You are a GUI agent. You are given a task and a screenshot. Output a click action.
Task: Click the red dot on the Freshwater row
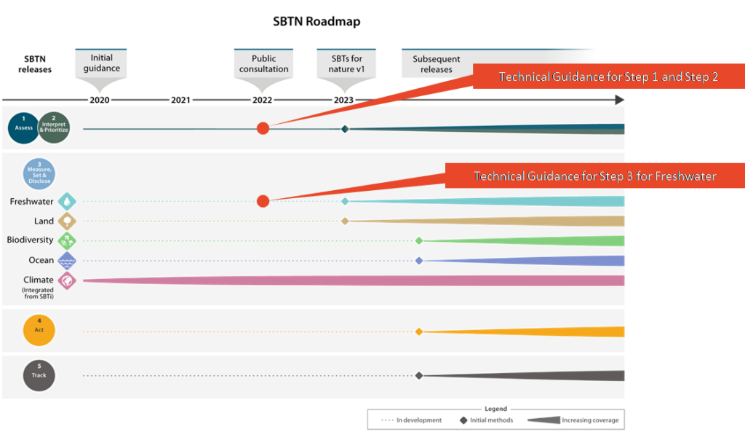263,201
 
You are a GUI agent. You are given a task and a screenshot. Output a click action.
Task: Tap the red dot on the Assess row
263,128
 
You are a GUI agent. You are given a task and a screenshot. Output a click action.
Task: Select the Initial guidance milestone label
101,63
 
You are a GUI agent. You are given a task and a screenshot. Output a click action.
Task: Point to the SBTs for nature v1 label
346,63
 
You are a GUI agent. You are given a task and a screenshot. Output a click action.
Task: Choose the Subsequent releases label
432,64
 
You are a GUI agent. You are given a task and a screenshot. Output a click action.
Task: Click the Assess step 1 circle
23,127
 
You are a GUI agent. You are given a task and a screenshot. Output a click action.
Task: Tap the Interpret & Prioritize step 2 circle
53,127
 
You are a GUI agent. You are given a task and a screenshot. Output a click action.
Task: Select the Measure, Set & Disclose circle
39,174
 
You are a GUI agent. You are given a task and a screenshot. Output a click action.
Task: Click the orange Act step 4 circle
39,331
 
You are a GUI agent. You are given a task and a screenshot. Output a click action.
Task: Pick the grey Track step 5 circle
39,375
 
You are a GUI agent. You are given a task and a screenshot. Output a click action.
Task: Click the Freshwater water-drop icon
67,201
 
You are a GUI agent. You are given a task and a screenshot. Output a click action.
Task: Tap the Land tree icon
67,221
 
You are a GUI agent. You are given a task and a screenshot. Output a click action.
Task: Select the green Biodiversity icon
67,240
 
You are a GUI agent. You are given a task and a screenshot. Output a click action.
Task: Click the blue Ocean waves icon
67,261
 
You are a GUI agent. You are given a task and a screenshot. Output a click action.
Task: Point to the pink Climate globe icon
67,280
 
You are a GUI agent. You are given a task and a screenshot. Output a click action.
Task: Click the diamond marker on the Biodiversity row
419,240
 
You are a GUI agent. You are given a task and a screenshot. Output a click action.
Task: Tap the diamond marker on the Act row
419,331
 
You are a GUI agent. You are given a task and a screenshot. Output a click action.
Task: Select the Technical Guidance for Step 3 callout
594,176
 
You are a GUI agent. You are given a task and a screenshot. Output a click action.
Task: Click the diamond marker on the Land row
346,221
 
